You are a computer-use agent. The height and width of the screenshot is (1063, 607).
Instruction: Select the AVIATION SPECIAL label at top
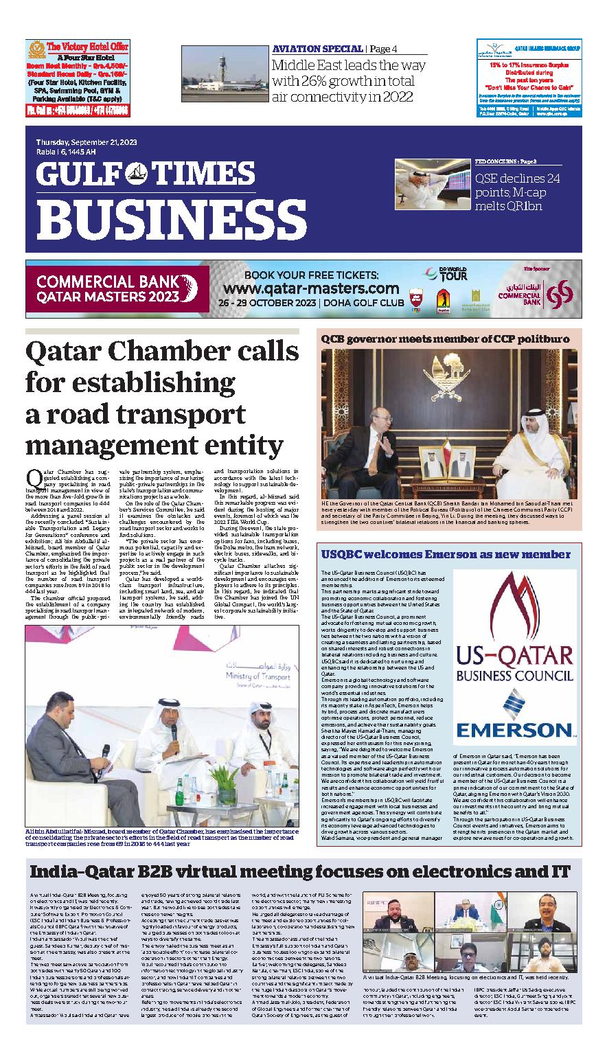click(317, 49)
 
